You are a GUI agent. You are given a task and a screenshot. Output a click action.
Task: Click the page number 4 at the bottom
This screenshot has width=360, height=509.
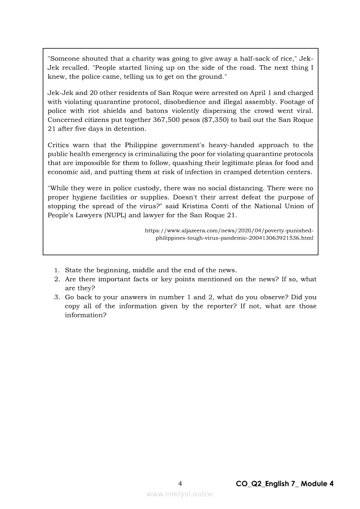tap(180, 483)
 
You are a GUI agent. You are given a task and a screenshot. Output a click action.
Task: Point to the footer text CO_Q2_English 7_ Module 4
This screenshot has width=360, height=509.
tap(285, 484)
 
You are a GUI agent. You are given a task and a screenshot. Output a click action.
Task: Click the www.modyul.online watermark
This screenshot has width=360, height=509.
tap(180, 494)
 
